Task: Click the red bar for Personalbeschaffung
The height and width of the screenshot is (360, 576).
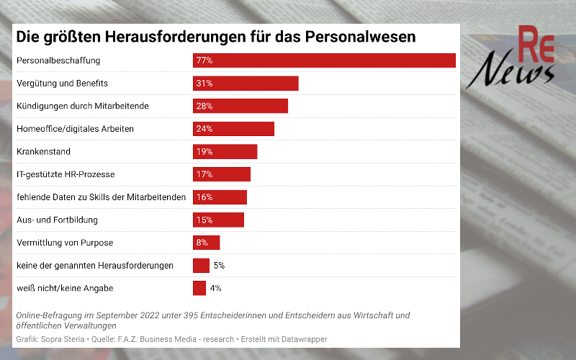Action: click(x=324, y=60)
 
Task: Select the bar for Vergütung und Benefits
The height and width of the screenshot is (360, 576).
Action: click(x=246, y=84)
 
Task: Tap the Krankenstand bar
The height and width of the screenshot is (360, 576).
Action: click(x=225, y=151)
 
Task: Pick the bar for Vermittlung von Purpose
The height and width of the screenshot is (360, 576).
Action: click(x=206, y=243)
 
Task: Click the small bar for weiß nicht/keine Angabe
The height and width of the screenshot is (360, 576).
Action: click(x=199, y=288)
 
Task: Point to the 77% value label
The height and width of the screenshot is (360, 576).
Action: click(x=204, y=60)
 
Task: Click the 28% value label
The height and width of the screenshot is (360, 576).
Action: click(x=204, y=106)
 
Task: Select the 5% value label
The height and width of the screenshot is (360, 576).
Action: click(x=219, y=266)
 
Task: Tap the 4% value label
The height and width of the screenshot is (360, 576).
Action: click(x=215, y=288)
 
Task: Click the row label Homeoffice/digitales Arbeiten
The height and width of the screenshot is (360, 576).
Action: click(x=75, y=129)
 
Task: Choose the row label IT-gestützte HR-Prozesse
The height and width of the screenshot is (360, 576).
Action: click(x=66, y=174)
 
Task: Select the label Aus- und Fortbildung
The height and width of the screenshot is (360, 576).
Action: click(x=57, y=220)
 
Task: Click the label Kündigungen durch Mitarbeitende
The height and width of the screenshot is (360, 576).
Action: click(x=82, y=106)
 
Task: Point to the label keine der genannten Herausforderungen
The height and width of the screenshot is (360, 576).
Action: click(x=94, y=266)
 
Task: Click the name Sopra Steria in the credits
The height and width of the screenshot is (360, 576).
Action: click(x=60, y=338)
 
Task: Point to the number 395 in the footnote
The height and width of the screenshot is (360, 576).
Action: click(x=173, y=315)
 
